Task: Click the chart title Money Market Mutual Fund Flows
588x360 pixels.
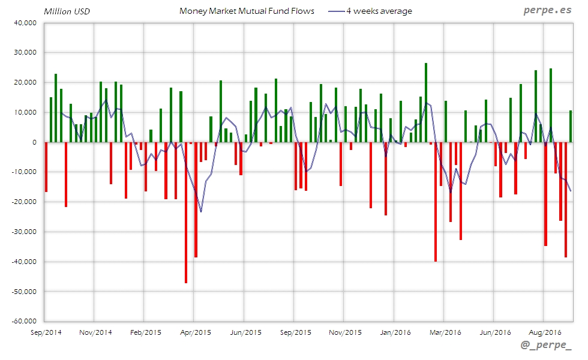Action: pyautogui.click(x=247, y=11)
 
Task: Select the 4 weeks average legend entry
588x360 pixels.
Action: pyautogui.click(x=378, y=11)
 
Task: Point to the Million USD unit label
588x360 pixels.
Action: pyautogui.click(x=67, y=11)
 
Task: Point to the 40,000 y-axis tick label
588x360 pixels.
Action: pyautogui.click(x=25, y=23)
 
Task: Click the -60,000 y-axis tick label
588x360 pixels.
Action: pyautogui.click(x=23, y=321)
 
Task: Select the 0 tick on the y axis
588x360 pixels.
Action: pyautogui.click(x=35, y=142)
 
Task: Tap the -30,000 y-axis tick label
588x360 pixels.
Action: pyautogui.click(x=23, y=232)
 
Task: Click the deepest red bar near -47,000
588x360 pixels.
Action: pyautogui.click(x=186, y=212)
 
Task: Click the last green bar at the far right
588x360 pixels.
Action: pyautogui.click(x=570, y=126)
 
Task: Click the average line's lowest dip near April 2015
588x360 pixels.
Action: pyautogui.click(x=201, y=211)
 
